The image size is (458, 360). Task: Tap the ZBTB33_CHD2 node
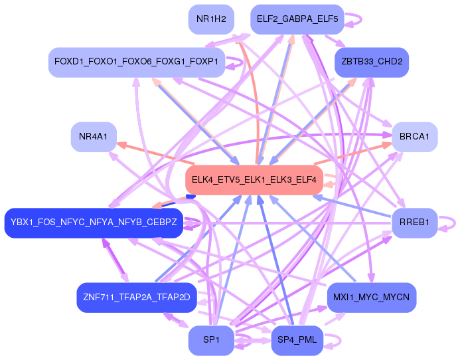(x=372, y=62)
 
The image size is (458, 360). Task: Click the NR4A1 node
(x=93, y=137)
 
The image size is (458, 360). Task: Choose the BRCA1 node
(x=414, y=137)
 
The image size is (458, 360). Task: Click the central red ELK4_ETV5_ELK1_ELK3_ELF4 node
(x=253, y=179)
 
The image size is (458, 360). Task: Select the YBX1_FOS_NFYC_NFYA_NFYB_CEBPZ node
(x=94, y=222)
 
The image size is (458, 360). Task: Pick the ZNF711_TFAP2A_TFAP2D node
(x=137, y=297)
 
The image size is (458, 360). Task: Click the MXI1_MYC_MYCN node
(x=371, y=297)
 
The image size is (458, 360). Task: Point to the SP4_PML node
(x=297, y=340)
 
